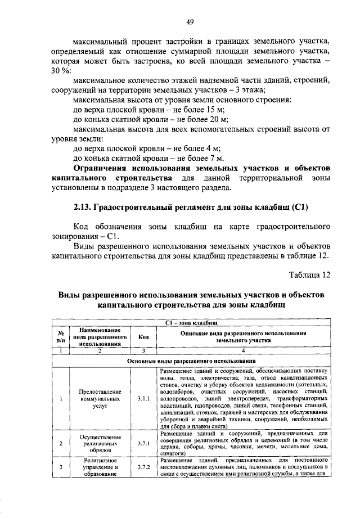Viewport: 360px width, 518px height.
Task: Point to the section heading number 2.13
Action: click(x=84, y=207)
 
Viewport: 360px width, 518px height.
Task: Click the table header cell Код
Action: click(x=143, y=336)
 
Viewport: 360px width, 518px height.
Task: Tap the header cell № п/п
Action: click(x=60, y=336)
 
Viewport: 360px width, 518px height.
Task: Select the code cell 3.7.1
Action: click(x=143, y=443)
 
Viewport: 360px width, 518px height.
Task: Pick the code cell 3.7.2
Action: click(x=143, y=467)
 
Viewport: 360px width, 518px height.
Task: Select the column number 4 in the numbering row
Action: click(x=243, y=350)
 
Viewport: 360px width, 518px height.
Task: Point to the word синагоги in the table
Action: click(x=172, y=451)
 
